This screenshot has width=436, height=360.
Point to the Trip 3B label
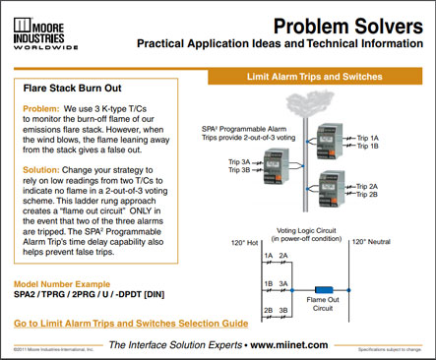pos(241,169)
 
